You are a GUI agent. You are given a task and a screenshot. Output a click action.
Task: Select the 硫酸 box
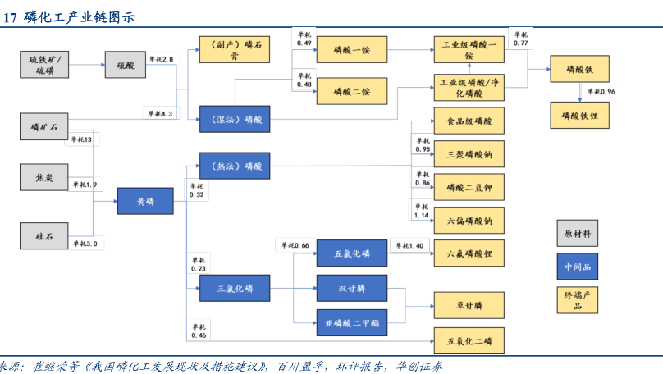tap(125, 65)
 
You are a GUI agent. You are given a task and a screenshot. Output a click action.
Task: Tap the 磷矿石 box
tap(45, 126)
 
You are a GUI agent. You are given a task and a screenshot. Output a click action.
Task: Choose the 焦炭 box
tap(45, 177)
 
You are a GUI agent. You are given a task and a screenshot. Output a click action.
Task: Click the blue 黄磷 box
tap(145, 201)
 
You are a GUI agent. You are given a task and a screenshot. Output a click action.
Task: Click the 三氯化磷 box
tap(235, 288)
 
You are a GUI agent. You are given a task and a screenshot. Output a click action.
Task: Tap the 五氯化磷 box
tap(352, 253)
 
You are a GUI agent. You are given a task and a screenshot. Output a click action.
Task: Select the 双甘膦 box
tap(352, 289)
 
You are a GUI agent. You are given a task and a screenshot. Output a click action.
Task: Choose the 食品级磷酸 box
tap(469, 121)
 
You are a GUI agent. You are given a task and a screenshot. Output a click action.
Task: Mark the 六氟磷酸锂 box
tap(469, 254)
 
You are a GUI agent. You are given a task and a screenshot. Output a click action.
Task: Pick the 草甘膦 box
tap(469, 305)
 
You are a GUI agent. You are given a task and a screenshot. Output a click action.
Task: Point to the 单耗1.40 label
tap(408, 245)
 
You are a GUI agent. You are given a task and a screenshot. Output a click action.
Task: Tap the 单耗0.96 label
tap(601, 91)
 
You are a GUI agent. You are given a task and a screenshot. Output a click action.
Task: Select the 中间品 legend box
tap(578, 267)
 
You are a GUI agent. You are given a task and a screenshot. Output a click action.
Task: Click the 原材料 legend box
tap(578, 234)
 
